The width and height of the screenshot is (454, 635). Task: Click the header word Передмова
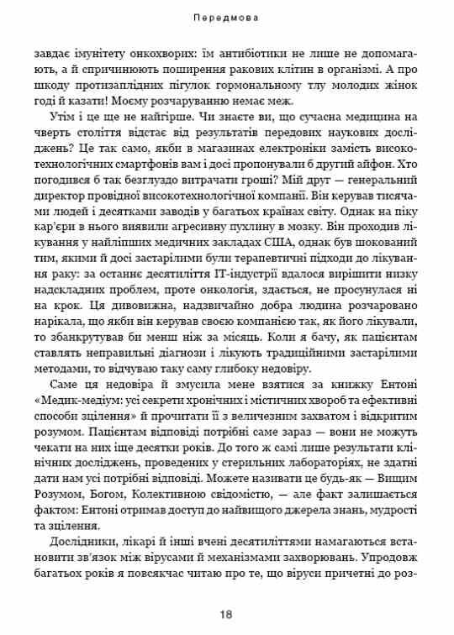click(226, 16)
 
